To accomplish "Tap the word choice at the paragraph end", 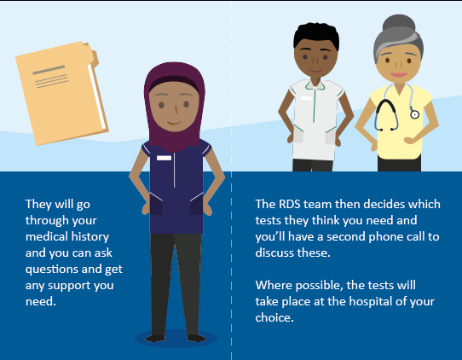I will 274,317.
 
